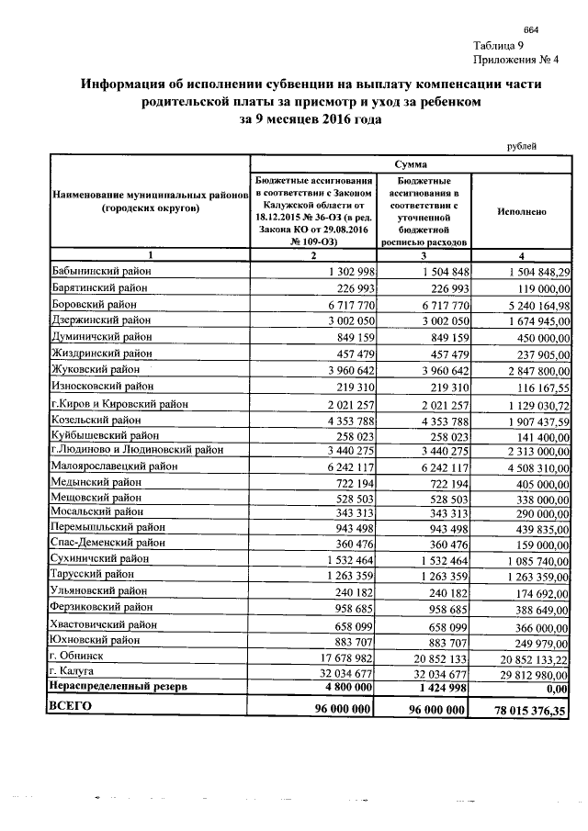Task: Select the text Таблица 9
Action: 500,46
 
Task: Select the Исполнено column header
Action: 522,211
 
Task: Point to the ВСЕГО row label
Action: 73,706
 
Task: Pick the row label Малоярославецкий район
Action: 115,466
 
